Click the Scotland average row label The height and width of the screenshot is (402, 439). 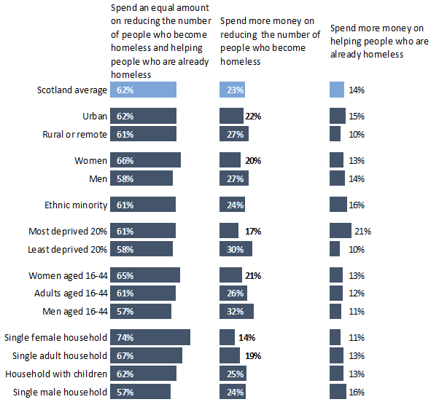(72, 90)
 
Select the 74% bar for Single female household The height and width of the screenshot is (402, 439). (149, 337)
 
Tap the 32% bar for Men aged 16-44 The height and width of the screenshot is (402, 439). (236, 311)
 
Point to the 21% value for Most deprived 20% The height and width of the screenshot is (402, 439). (363, 231)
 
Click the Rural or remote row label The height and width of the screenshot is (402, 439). (75, 134)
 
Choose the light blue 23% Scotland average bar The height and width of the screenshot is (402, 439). (233, 90)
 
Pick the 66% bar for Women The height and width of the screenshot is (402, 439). (145, 160)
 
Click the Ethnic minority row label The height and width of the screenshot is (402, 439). (76, 205)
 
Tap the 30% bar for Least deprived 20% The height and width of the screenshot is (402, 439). (236, 249)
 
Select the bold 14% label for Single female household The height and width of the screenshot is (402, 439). (246, 338)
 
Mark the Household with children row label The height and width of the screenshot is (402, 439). (56, 374)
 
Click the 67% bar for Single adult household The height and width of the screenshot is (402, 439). (146, 355)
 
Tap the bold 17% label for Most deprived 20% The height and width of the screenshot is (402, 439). (253, 231)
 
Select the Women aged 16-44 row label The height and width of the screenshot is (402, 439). (68, 275)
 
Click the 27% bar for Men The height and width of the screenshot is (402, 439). (234, 178)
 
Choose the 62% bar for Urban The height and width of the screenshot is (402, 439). (143, 116)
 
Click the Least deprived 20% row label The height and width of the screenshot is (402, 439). (68, 249)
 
